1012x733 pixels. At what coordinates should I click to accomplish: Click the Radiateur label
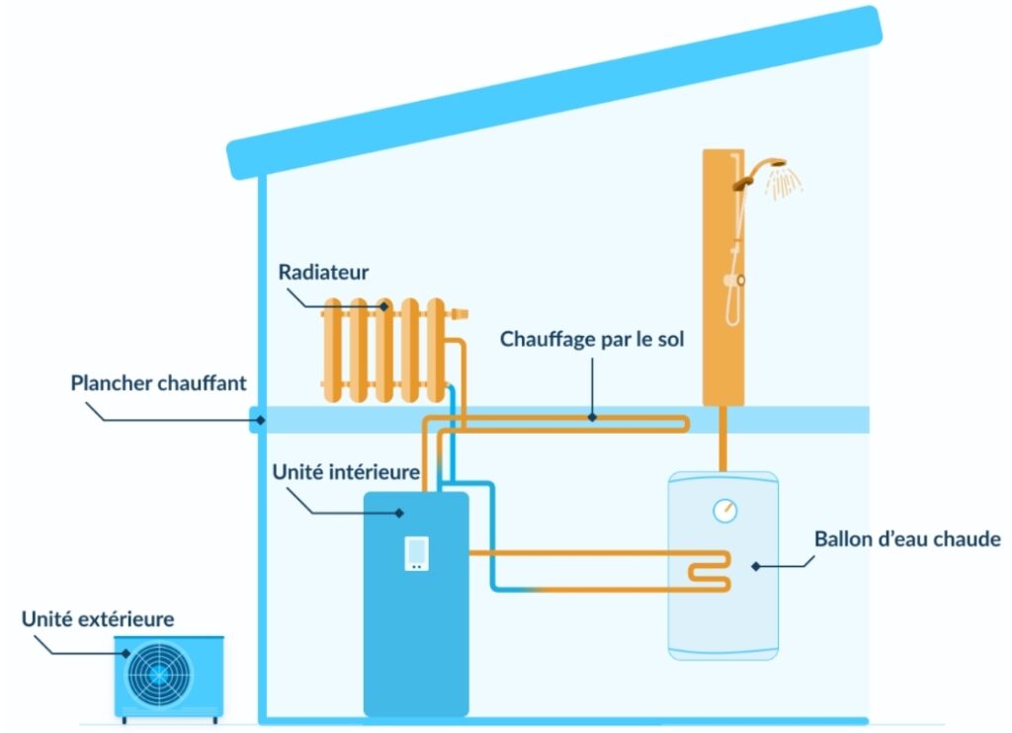(x=323, y=273)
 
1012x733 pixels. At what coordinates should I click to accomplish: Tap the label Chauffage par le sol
(x=592, y=340)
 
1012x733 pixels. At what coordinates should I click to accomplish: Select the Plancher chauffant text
(x=158, y=383)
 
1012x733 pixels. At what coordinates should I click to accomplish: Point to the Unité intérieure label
(x=346, y=471)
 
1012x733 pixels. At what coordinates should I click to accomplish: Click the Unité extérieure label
(x=98, y=619)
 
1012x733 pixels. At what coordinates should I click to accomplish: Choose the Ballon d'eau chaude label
(x=907, y=538)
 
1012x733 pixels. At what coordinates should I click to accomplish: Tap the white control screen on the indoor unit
(x=416, y=553)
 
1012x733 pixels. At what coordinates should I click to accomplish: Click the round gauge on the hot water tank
(x=724, y=511)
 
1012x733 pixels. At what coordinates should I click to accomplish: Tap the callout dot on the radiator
(x=384, y=306)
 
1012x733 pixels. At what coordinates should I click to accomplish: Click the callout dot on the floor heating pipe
(x=592, y=418)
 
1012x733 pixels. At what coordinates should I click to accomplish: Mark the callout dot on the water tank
(x=756, y=566)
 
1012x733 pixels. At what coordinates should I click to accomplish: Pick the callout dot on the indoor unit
(x=399, y=513)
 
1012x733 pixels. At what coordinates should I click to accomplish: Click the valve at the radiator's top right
(x=458, y=314)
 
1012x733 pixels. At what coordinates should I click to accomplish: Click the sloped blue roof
(x=554, y=92)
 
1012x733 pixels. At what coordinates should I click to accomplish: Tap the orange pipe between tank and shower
(x=722, y=439)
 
